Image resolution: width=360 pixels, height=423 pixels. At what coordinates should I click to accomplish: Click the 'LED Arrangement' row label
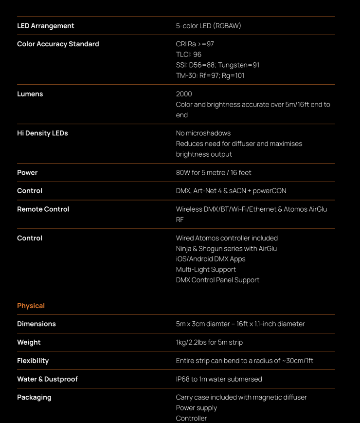[x=46, y=26]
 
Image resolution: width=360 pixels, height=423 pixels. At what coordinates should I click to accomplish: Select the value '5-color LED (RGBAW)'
[x=208, y=26]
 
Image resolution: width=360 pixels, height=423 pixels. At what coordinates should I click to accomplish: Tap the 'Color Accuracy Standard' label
[x=58, y=44]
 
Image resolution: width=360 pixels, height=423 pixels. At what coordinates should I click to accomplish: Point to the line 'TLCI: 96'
[x=188, y=55]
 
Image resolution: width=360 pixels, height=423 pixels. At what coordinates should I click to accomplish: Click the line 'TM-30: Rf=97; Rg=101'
[x=210, y=75]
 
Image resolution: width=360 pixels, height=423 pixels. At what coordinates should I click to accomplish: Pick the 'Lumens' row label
[x=30, y=94]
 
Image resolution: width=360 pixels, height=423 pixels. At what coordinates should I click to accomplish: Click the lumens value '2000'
[x=184, y=94]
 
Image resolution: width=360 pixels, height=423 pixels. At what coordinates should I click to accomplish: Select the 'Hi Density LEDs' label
[x=42, y=133]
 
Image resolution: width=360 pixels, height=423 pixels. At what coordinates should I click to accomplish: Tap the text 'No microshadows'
[x=203, y=133]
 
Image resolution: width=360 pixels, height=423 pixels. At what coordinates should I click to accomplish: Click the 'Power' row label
[x=27, y=172]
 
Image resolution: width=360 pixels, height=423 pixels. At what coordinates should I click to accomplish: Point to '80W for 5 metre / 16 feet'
[x=214, y=172]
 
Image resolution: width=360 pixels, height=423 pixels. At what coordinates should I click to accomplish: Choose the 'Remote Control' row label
[x=43, y=209]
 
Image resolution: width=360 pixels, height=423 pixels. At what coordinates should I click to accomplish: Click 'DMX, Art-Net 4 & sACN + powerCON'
[x=231, y=191]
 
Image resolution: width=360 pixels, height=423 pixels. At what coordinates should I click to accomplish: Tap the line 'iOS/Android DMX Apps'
[x=217, y=259]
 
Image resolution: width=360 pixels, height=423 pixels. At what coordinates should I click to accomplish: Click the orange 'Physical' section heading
[x=31, y=306]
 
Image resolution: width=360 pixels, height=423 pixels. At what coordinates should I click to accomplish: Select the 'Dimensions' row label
[x=36, y=324]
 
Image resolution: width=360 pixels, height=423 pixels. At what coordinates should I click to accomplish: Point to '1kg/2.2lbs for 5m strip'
[x=209, y=342]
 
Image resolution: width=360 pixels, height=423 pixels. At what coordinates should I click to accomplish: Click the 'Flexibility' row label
[x=33, y=361]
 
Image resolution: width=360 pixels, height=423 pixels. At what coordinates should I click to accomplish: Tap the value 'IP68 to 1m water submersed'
[x=219, y=379]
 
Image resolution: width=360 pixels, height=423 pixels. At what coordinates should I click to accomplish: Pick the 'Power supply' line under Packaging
[x=197, y=408]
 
